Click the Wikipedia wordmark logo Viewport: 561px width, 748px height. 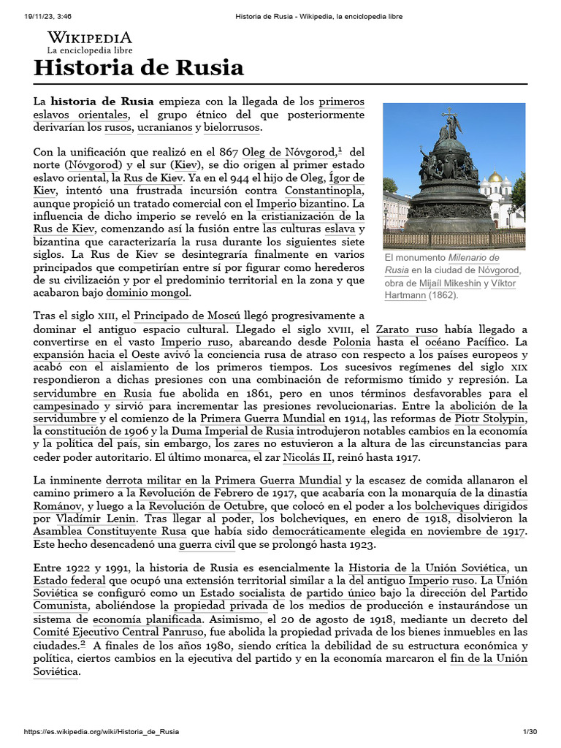90,38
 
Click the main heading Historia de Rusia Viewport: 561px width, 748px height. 139,69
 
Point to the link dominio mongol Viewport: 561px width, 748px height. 148,292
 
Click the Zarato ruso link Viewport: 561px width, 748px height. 408,329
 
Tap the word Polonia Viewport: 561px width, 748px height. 351,341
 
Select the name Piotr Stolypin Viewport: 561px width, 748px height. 490,418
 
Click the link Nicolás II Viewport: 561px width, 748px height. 308,457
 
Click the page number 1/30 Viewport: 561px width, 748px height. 530,731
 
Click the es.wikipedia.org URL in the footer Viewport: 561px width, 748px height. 102,731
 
